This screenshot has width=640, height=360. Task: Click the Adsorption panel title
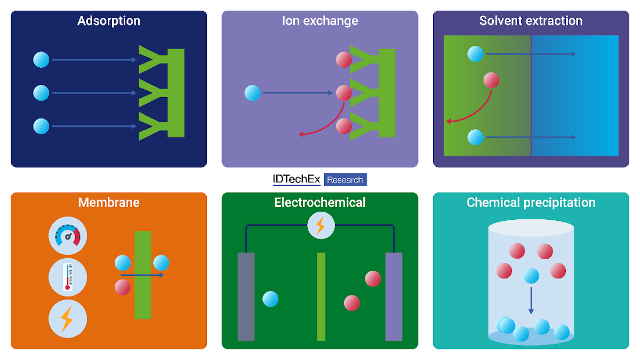click(x=109, y=21)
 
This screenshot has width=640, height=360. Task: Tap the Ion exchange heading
click(x=320, y=21)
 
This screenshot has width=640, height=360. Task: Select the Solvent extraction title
click(x=531, y=21)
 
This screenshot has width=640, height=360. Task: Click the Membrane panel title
click(x=109, y=202)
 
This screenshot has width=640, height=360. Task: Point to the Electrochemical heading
click(x=319, y=202)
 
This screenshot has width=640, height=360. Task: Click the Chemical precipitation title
click(x=531, y=203)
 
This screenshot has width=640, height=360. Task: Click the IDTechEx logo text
click(x=297, y=179)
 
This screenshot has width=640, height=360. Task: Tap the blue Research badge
click(x=345, y=179)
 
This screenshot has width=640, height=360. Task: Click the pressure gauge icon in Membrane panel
click(x=68, y=236)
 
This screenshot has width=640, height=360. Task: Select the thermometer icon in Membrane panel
click(x=68, y=277)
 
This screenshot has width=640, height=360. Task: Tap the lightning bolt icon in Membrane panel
click(x=68, y=319)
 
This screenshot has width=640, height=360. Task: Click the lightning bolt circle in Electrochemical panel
click(x=321, y=226)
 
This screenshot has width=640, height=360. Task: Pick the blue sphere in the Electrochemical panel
click(x=270, y=299)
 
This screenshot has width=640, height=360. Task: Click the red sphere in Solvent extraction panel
click(x=491, y=80)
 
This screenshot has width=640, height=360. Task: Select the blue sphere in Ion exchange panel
click(x=253, y=93)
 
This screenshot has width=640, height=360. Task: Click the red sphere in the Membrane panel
click(x=123, y=287)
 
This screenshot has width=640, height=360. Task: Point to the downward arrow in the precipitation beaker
click(x=531, y=301)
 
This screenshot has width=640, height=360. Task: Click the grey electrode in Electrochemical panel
click(x=246, y=297)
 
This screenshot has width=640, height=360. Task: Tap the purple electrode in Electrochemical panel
click(x=394, y=297)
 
